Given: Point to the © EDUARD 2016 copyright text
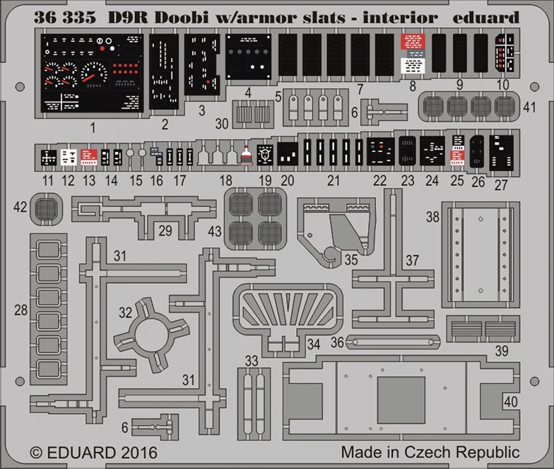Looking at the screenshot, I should point(94,451).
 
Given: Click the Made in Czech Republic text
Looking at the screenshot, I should point(430,451).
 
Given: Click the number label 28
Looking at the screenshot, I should point(20,309).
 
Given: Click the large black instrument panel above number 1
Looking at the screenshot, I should point(90,74).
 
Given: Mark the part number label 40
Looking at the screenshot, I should point(509,400).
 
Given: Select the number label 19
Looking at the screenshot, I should point(265,180).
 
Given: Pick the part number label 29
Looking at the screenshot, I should point(165,230).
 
